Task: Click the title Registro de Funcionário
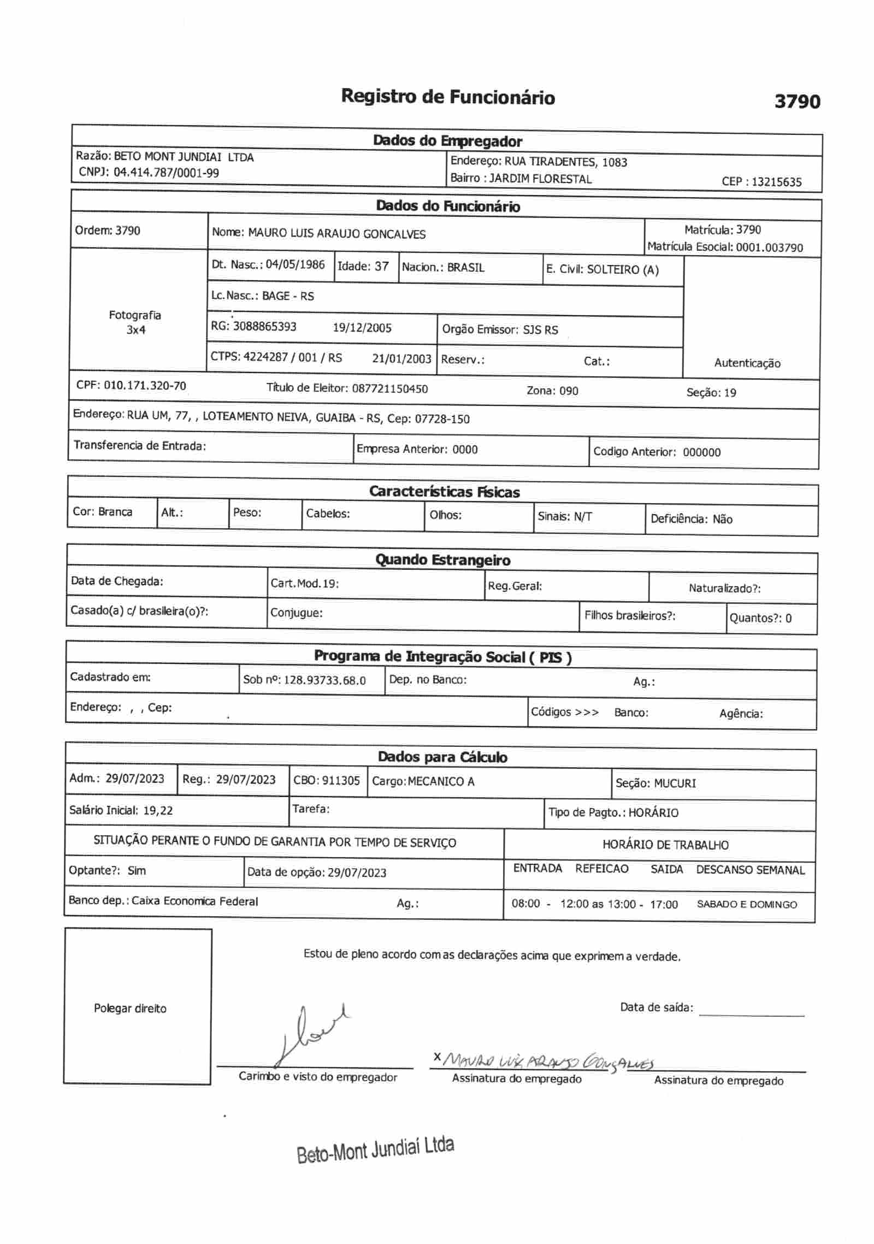(x=448, y=97)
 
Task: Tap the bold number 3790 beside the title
(x=797, y=102)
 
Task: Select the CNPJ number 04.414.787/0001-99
(x=166, y=173)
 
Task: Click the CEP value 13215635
(x=776, y=182)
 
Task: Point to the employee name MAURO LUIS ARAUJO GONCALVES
(x=336, y=234)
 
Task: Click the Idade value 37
(x=381, y=266)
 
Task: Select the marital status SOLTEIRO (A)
(x=623, y=270)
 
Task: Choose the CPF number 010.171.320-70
(x=145, y=386)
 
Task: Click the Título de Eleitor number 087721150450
(x=390, y=389)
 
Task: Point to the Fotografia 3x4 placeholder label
(x=135, y=322)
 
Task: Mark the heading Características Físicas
(x=444, y=492)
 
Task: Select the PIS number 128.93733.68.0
(x=325, y=681)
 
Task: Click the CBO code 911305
(x=341, y=781)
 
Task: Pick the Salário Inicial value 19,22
(x=158, y=811)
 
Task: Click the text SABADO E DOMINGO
(x=747, y=905)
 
